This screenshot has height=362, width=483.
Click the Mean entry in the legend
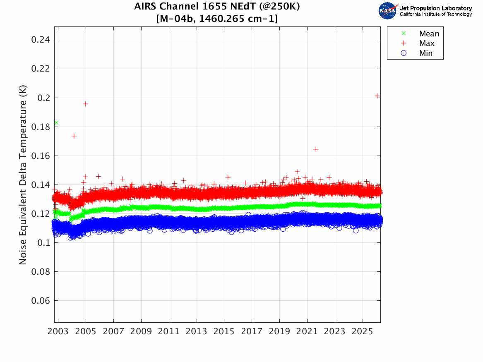(428, 34)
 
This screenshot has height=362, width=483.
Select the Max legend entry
(427, 43)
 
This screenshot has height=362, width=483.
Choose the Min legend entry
(426, 53)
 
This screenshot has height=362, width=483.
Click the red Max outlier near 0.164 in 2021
(316, 149)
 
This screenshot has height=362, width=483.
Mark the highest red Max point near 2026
(377, 96)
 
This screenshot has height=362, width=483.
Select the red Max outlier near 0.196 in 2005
(85, 103)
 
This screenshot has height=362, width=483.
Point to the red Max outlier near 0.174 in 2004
(74, 136)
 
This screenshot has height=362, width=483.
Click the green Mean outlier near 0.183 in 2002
(56, 123)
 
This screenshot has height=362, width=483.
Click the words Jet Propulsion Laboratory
(435, 8)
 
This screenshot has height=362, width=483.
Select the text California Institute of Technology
(435, 14)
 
